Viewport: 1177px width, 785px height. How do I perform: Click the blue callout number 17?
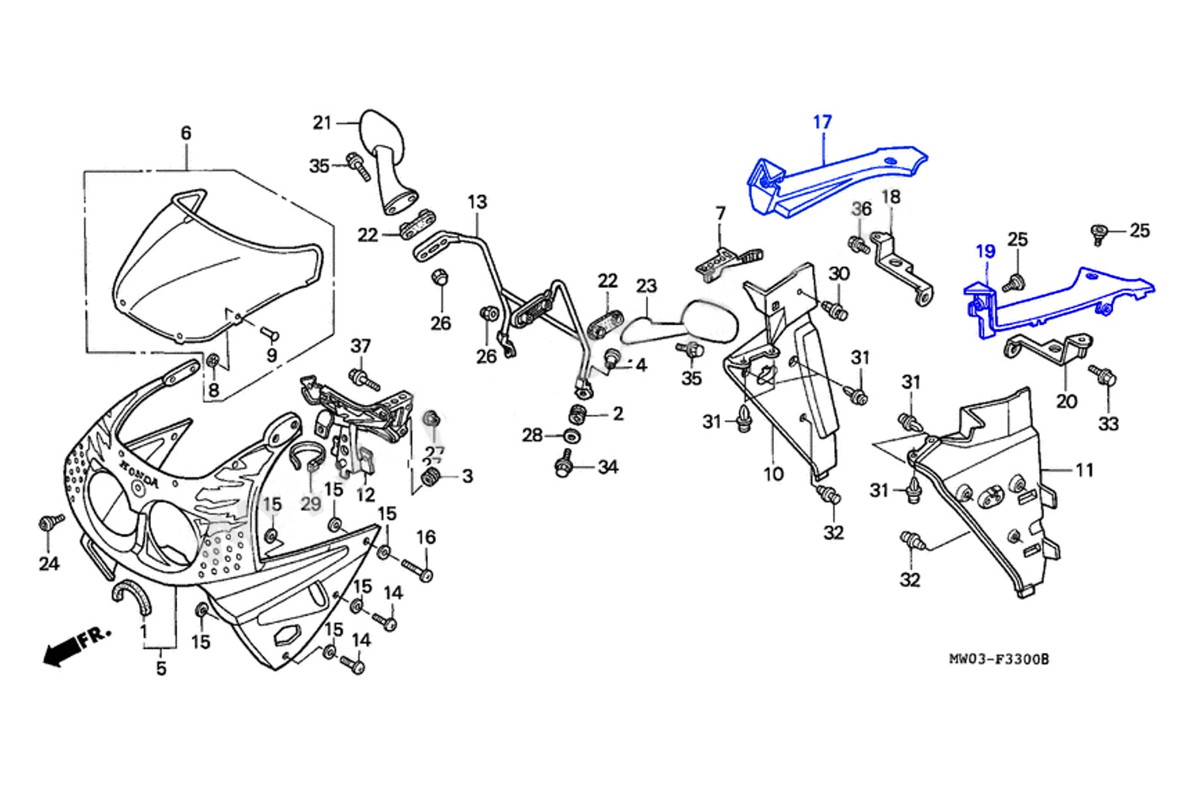click(x=822, y=122)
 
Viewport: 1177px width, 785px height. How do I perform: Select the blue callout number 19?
click(x=985, y=251)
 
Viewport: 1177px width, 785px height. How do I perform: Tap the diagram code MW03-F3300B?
click(x=998, y=659)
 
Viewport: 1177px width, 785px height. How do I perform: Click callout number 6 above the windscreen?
click(x=186, y=133)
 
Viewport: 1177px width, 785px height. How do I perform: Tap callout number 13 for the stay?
click(x=477, y=202)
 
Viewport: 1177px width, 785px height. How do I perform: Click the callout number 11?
click(x=1084, y=470)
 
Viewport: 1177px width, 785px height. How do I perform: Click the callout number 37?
click(x=361, y=345)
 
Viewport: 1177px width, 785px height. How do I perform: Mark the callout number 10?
click(x=773, y=473)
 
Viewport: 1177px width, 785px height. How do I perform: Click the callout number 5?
click(x=161, y=669)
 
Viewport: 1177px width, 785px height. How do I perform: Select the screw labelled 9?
click(x=269, y=335)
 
